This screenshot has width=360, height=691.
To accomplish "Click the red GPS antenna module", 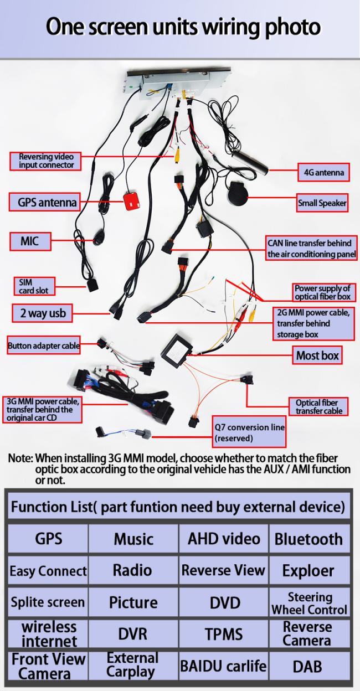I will pyautogui.click(x=130, y=200).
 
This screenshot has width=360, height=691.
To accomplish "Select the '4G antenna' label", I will pyautogui.click(x=323, y=172).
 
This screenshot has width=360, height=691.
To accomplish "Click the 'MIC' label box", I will pyautogui.click(x=29, y=241).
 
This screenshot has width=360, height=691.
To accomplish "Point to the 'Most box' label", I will pyautogui.click(x=317, y=355).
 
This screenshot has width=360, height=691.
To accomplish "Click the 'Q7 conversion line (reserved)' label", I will pyautogui.click(x=250, y=432).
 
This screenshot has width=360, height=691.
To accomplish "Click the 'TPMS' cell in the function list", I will pyautogui.click(x=224, y=634).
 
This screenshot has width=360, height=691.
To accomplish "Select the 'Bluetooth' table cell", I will pyautogui.click(x=308, y=539).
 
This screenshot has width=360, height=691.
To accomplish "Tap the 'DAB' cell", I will pyautogui.click(x=308, y=666).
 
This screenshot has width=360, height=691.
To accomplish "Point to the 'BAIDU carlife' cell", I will pyautogui.click(x=223, y=666).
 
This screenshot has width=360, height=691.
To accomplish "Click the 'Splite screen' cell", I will pyautogui.click(x=48, y=602).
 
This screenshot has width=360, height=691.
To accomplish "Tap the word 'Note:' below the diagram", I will pyautogui.click(x=20, y=458).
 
